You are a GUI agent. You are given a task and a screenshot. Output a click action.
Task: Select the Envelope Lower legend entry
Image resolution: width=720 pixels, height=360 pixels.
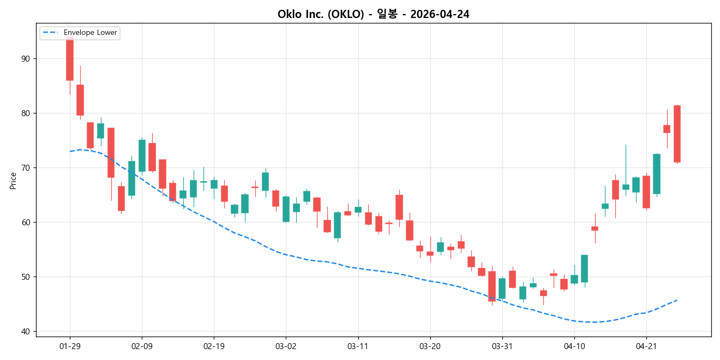coord(90,33)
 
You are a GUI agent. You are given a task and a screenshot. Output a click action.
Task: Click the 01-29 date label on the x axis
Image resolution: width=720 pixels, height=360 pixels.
coord(70,346)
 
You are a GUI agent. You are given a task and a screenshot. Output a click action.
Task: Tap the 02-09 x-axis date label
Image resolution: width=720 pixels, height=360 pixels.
coord(142,346)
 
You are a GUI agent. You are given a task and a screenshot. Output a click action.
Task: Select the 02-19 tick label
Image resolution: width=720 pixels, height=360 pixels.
coord(214,346)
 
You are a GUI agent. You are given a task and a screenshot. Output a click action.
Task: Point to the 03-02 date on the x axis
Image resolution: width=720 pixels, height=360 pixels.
coord(286,346)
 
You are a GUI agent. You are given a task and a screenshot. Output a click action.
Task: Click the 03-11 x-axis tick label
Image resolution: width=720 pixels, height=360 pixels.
coord(358,346)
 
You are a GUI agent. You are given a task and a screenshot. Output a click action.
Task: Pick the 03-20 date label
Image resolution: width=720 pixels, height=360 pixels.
coord(430,346)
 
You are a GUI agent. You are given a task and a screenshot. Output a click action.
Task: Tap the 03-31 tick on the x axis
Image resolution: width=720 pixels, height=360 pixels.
coord(502,346)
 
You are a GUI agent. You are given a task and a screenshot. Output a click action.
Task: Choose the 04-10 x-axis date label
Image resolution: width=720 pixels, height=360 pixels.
coord(574,346)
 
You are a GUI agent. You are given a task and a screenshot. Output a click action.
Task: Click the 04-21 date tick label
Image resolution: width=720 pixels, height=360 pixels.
coord(646,346)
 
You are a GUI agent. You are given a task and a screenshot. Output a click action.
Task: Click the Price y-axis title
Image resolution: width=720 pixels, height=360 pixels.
coord(13,181)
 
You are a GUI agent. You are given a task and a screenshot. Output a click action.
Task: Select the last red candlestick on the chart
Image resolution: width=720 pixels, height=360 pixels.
coord(677,134)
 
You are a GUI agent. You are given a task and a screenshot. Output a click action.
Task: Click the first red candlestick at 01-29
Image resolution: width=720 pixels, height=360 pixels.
coord(70,60)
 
